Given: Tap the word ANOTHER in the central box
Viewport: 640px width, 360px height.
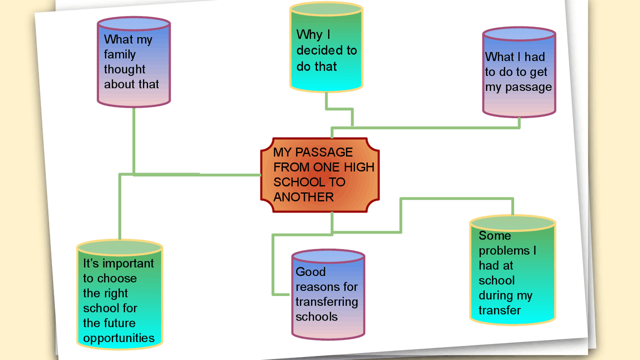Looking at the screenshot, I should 303,197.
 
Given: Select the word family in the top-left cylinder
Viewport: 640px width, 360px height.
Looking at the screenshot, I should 120,54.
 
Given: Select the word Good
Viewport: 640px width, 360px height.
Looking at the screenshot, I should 310,272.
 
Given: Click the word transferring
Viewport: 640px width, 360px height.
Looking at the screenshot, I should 326,302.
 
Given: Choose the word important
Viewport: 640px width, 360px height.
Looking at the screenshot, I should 128,263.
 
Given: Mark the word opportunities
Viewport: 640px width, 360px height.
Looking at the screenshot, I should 119,338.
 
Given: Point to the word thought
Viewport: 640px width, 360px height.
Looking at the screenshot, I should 124,69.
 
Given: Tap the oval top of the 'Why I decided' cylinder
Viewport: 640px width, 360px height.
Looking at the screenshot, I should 326,9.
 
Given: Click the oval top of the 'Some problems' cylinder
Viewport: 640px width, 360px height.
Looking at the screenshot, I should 513,222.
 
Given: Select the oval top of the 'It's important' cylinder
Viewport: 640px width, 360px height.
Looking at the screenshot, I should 120,247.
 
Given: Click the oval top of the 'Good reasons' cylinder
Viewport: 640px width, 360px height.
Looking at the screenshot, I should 328,256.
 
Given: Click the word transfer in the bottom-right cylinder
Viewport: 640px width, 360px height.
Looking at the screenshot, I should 499,310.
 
